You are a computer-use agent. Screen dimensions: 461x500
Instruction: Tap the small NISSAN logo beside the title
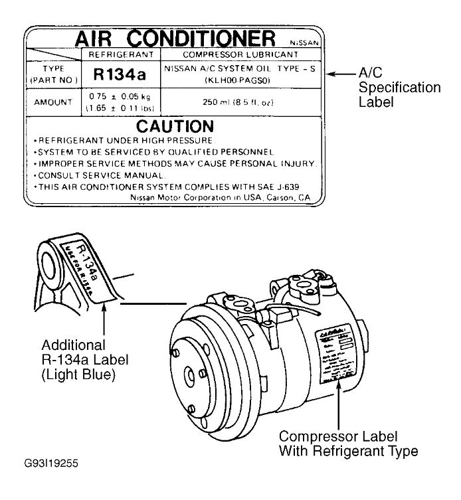coord(306,41)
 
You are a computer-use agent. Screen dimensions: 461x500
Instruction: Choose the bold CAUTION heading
coord(175,126)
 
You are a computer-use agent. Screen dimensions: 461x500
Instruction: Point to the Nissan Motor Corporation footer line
coord(219,198)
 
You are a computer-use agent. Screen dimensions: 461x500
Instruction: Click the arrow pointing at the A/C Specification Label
coord(345,74)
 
